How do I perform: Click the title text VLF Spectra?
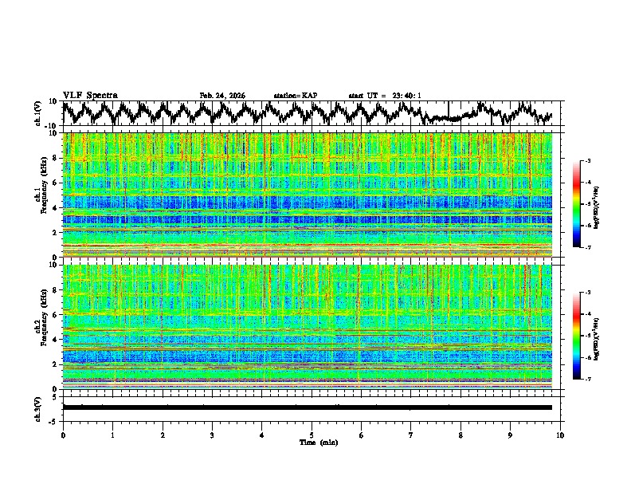(x=90, y=95)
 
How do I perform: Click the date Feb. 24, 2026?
(x=222, y=96)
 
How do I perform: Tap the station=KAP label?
(x=295, y=96)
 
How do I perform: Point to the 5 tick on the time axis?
(x=312, y=435)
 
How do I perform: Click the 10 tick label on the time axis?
(x=561, y=435)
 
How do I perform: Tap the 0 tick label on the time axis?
(x=63, y=435)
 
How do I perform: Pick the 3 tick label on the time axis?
(x=212, y=435)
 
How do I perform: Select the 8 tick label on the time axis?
(x=461, y=435)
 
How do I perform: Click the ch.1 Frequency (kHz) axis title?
(x=41, y=195)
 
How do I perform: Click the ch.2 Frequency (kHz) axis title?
(x=41, y=327)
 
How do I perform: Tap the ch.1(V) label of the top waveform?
(x=38, y=113)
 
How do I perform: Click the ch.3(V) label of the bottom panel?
(x=38, y=407)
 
